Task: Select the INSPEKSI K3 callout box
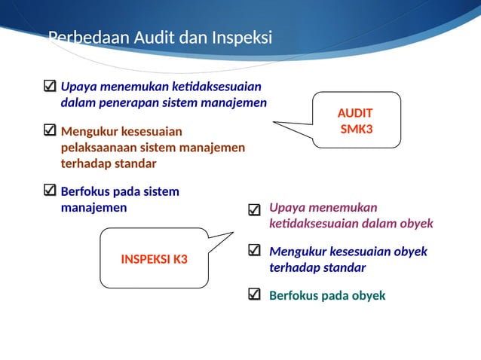(154, 259)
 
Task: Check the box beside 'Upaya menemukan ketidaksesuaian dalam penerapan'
(51, 86)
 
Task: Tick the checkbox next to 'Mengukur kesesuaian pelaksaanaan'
(51, 131)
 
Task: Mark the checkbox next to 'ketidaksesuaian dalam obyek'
(255, 209)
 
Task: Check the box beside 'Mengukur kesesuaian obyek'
(255, 251)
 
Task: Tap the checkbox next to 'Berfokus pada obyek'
(255, 294)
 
